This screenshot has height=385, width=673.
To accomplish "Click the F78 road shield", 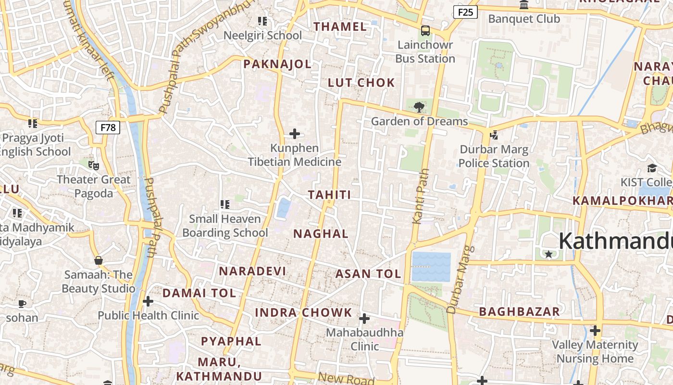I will (x=108, y=128).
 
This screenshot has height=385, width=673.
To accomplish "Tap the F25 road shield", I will (x=465, y=12).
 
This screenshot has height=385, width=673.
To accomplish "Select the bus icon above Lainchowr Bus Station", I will (x=425, y=31).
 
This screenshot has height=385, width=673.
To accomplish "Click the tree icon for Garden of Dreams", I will (x=419, y=107).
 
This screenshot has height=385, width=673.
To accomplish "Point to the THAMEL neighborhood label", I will (x=340, y=26).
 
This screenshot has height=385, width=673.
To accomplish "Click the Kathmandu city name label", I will (x=615, y=241).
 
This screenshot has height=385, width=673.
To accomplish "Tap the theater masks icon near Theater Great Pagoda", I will (x=94, y=166).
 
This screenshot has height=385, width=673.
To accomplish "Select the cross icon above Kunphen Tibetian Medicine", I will (x=295, y=134).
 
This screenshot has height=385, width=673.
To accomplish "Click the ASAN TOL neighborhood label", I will (x=368, y=274).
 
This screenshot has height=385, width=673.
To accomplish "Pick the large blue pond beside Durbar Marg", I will (x=431, y=267).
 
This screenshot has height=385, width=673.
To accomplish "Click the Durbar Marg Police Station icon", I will (x=494, y=135).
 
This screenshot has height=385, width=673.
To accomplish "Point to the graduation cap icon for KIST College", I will (x=652, y=168).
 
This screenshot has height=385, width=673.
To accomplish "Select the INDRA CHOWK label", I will (x=303, y=312).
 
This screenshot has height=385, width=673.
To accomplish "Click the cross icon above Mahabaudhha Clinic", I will (x=364, y=319).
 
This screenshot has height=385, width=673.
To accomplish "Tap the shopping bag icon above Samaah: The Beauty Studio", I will (x=99, y=260).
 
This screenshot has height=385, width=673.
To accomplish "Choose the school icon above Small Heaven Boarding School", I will (x=224, y=205).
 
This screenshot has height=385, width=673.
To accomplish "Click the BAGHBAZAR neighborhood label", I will (x=519, y=311).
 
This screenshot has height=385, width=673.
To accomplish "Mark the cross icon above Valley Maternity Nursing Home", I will (x=595, y=331).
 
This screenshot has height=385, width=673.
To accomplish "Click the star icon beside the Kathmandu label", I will (x=548, y=254).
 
